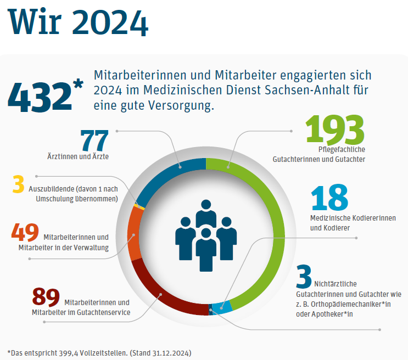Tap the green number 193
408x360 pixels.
[x=335, y=130]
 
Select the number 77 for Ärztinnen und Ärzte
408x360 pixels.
[x=94, y=140]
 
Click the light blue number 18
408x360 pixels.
[x=329, y=199]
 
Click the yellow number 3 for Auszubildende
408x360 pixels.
[x=19, y=184]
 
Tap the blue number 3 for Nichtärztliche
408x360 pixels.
[x=304, y=277]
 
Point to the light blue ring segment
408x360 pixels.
[x=219, y=309]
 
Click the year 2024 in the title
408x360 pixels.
[x=110, y=22]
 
